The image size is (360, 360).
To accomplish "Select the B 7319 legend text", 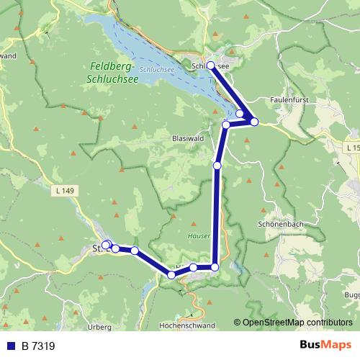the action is (x=37, y=346).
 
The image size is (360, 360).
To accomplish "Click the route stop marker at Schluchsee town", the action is (x=210, y=66).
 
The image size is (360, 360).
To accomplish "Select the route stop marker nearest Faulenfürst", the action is (x=254, y=120).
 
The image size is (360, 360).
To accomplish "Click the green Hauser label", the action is (x=199, y=235).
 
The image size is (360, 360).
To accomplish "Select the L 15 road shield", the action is (x=351, y=147).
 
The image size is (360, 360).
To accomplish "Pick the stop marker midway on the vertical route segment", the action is (x=217, y=166).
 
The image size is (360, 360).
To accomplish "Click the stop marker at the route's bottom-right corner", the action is (x=215, y=267).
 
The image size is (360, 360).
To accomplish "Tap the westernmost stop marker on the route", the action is (x=105, y=245).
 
